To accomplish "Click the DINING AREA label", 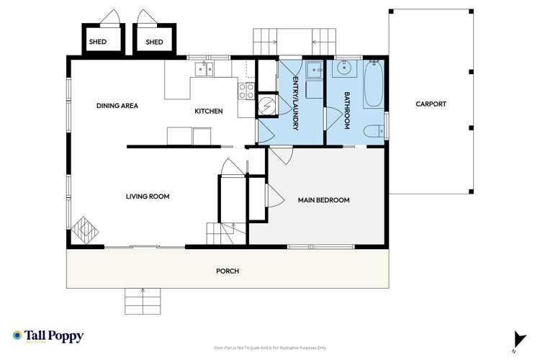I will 117,106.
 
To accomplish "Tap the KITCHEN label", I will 209,112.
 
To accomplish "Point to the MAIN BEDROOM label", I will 323,200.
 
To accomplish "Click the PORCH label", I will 228,271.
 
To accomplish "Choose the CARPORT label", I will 431,104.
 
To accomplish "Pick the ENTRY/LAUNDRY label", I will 295,106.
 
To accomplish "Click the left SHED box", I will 97,42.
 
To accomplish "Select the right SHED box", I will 155,42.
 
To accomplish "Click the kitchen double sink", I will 204,70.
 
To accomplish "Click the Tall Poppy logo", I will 48,336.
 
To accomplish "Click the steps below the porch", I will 143,297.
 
